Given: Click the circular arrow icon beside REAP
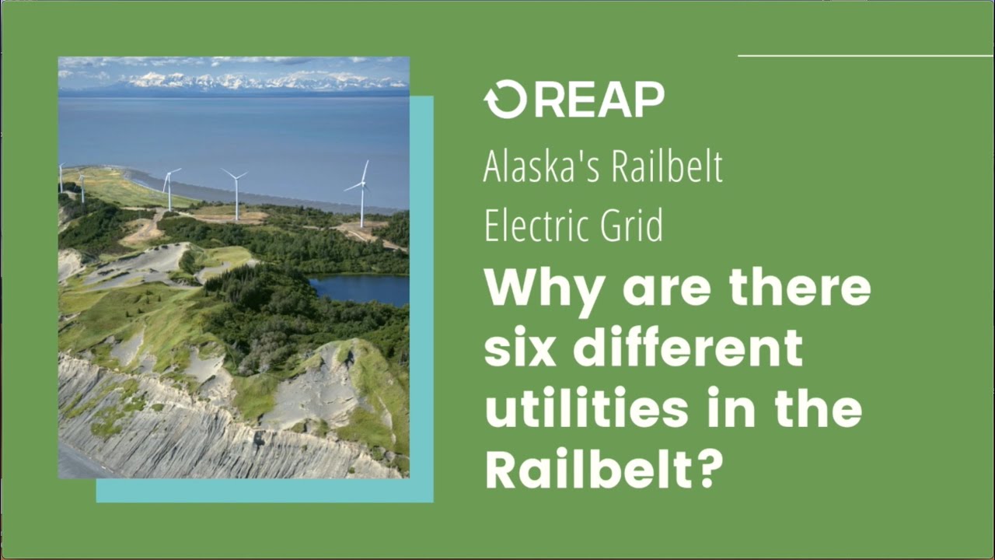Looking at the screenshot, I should click(x=505, y=100).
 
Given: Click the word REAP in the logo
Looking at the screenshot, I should click(x=599, y=100).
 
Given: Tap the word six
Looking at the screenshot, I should click(x=519, y=349).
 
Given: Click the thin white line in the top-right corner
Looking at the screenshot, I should click(x=864, y=56).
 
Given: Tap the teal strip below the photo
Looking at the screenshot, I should click(x=264, y=491).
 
